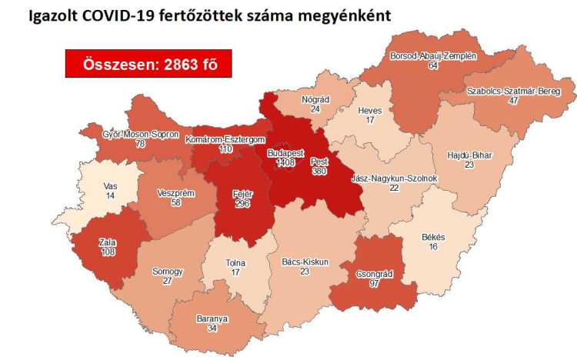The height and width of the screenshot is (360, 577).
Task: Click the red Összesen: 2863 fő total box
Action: point(148,65)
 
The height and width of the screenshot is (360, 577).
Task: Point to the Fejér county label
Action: point(242,194)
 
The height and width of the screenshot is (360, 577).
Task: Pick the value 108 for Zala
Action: point(107,252)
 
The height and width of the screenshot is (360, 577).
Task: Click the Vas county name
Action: point(110,186)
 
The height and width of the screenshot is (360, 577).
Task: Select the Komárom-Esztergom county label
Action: point(225,139)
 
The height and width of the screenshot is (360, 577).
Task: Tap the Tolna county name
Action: point(235,262)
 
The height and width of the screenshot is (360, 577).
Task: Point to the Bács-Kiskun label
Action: point(305,262)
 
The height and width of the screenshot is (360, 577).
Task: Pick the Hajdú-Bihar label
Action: point(469,155)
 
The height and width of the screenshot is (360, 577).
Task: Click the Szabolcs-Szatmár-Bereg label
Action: point(512,91)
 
